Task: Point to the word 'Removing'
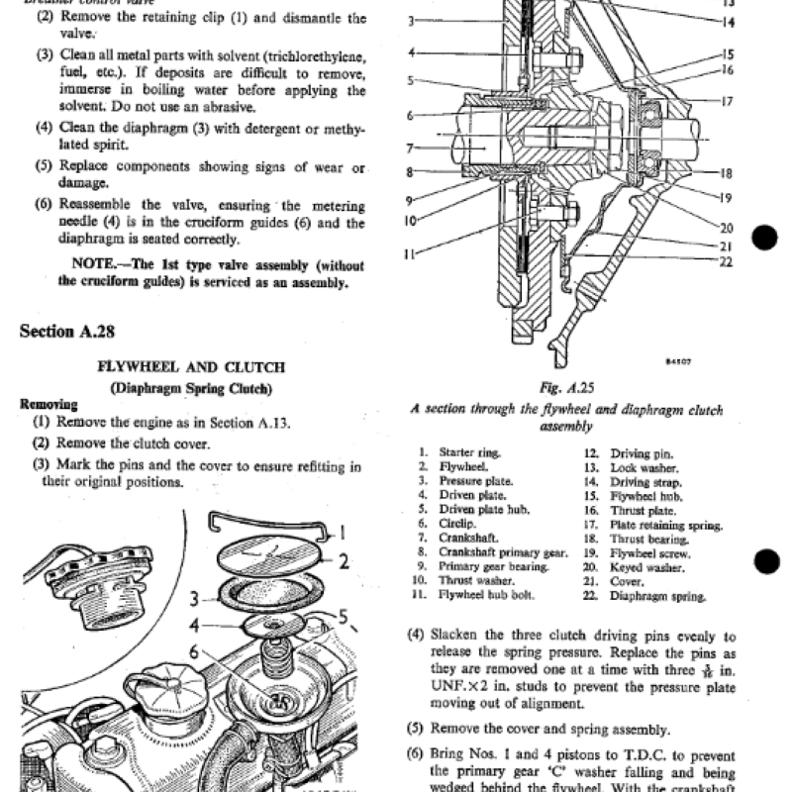pyautogui.click(x=49, y=404)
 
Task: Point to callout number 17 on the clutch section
pyautogui.click(x=727, y=102)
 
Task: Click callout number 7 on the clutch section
pyautogui.click(x=409, y=149)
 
